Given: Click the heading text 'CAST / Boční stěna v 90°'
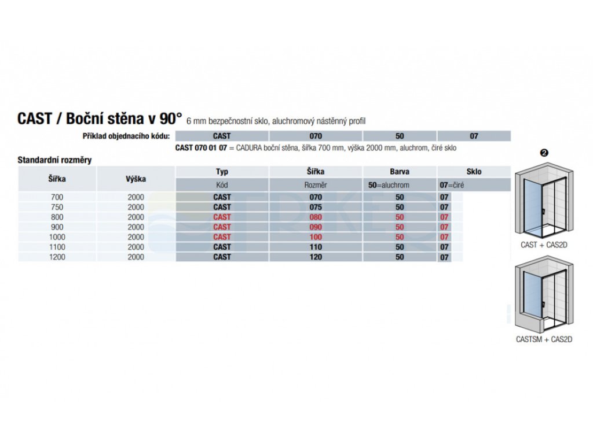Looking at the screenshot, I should (x=100, y=119).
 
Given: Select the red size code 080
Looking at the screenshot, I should (x=316, y=217).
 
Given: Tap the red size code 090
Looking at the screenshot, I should (x=316, y=227).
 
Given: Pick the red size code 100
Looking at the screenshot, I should (x=316, y=237).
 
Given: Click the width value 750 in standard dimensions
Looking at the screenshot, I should (x=57, y=207).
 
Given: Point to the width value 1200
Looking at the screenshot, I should (x=57, y=257).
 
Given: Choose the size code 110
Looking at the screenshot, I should (x=316, y=247).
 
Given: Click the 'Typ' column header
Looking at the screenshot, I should (x=222, y=172).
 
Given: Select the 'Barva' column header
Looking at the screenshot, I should (x=400, y=172).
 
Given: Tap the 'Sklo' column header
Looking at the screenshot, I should (x=474, y=172).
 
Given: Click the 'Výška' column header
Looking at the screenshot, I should (x=136, y=179).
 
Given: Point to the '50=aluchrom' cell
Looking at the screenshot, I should (x=389, y=185).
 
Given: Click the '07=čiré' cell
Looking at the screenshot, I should (x=452, y=185).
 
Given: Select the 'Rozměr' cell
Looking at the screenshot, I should (x=316, y=185).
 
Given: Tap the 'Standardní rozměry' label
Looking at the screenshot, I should (x=55, y=160).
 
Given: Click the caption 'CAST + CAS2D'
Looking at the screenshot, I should (x=544, y=245).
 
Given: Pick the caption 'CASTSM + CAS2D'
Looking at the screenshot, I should (x=544, y=339).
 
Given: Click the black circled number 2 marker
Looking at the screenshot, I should (x=544, y=153).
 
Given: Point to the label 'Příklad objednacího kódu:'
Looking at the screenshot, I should (x=126, y=136).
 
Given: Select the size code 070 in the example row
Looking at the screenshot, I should (x=316, y=136).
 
